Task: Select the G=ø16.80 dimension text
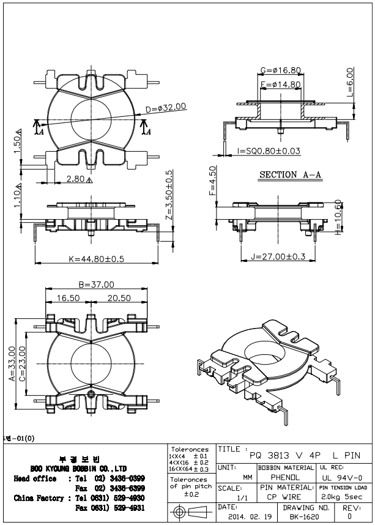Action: tap(281, 70)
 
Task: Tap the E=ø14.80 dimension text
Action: tap(281, 84)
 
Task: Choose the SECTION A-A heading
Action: tap(291, 174)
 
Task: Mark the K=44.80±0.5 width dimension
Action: tap(97, 259)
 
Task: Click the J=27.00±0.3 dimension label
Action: tap(278, 257)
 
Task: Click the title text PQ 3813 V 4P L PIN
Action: tap(300, 455)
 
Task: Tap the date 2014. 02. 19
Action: tap(244, 517)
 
